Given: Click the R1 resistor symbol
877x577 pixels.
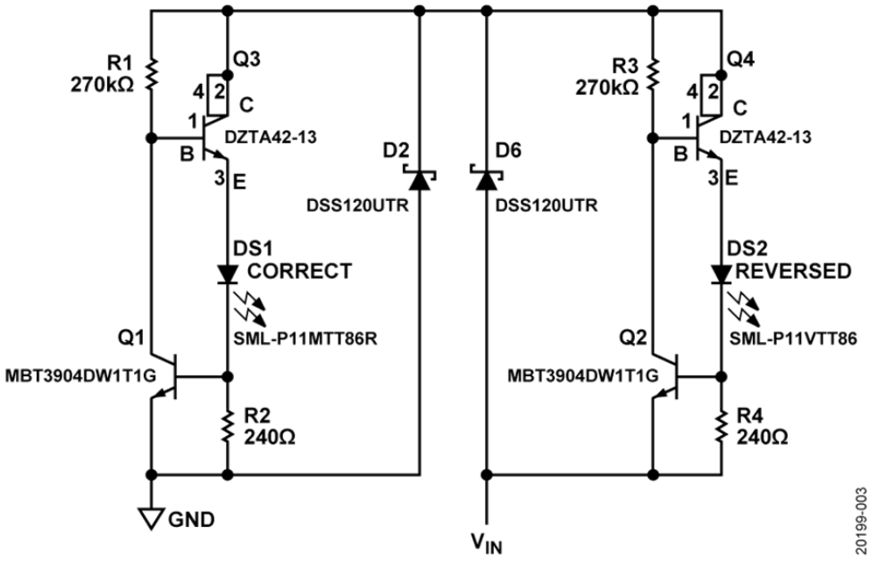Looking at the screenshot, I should tap(153, 74).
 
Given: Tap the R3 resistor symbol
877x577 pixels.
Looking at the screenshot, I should tap(653, 74).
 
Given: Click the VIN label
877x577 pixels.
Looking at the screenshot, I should tap(486, 542).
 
